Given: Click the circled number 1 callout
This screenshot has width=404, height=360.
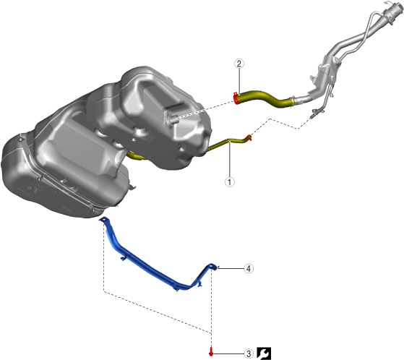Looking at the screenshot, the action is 230,182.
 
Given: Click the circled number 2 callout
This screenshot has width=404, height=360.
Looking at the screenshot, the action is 239,64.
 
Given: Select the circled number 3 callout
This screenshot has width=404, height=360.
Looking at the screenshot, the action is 249,353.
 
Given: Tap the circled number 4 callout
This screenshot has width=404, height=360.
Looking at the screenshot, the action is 249,268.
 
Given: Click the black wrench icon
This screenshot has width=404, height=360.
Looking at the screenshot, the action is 264,353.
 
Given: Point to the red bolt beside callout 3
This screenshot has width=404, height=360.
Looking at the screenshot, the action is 211,352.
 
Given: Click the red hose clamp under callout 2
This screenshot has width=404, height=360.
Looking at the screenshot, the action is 236,98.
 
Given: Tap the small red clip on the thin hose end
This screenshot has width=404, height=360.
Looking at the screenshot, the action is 249,137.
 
